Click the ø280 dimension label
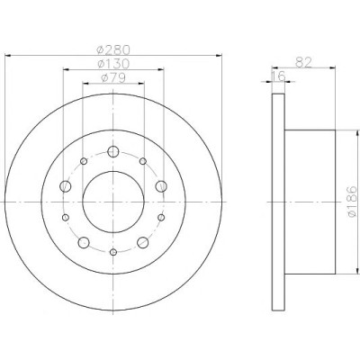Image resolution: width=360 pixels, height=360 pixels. point(113,49)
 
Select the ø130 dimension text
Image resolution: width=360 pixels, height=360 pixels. point(113,63)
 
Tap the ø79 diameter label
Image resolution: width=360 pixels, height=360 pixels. point(113,78)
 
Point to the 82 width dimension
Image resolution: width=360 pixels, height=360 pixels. point(304,62)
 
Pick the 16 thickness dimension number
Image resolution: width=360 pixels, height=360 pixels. point(278,76)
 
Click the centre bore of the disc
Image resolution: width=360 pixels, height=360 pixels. point(113,202)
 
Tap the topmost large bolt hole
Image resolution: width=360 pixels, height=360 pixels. point(113,151)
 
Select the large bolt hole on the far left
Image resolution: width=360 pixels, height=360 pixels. point(66,186)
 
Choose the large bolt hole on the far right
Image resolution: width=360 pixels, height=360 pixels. point(161,186)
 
